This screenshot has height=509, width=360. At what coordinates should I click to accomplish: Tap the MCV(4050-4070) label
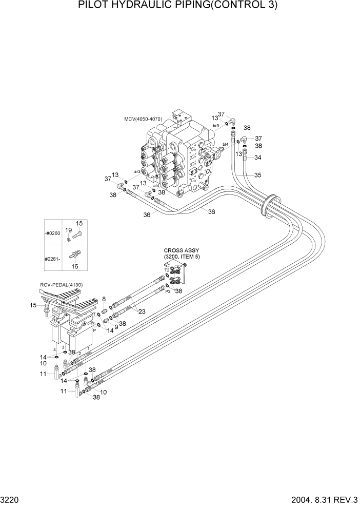(143, 119)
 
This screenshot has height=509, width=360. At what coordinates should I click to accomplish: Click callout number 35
(257, 175)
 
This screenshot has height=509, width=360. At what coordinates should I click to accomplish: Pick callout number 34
(257, 158)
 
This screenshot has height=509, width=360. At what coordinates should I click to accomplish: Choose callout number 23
(142, 311)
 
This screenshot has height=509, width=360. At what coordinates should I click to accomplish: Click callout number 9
(116, 326)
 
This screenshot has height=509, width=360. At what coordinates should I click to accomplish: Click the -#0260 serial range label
(53, 233)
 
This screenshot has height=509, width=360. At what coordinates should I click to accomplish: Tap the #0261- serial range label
(53, 258)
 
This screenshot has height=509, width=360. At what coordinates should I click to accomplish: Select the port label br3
(216, 125)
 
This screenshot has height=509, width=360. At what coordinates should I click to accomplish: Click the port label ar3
(137, 171)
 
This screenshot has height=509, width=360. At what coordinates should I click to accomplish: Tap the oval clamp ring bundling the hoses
(270, 205)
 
